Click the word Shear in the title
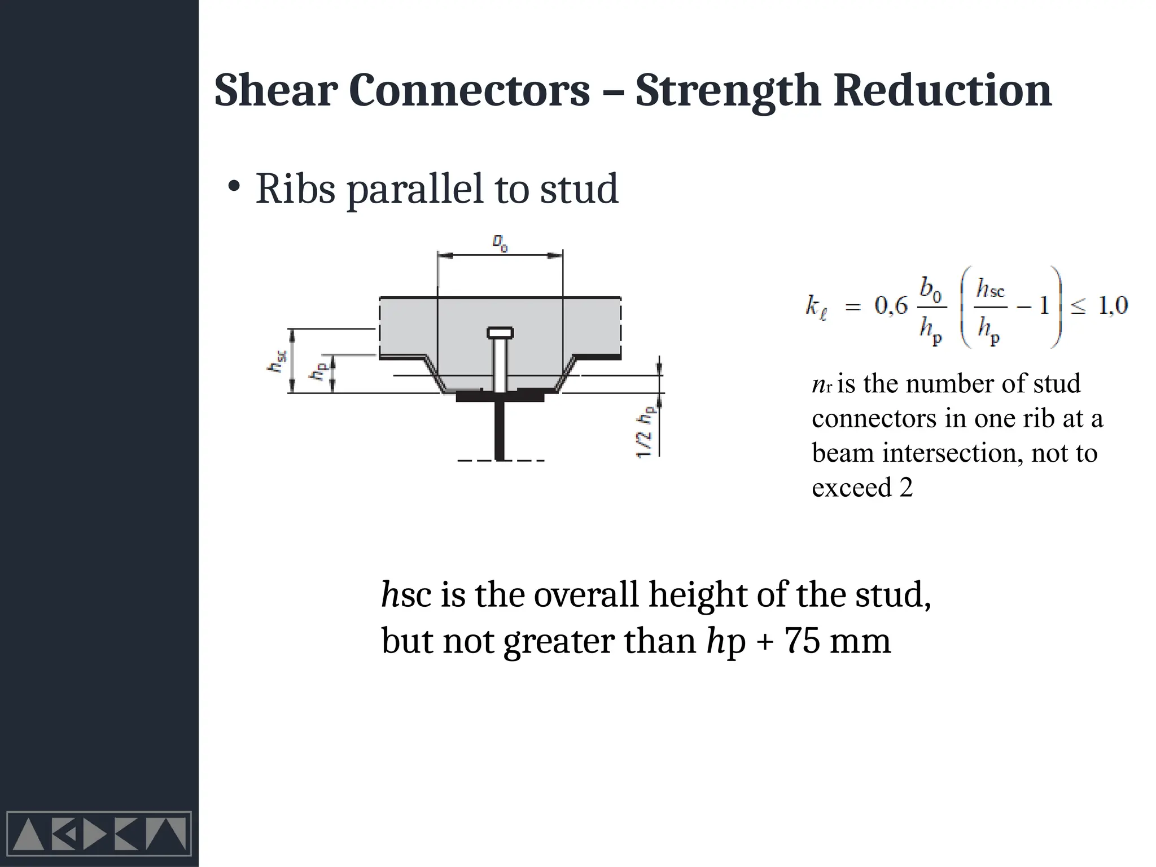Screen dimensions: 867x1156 (x=275, y=90)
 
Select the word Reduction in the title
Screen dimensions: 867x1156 (x=942, y=90)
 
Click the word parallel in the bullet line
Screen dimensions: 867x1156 (x=415, y=190)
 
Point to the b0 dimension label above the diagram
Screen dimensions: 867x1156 (x=500, y=243)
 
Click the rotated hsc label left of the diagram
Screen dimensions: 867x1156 (x=277, y=361)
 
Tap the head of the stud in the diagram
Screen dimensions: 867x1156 (x=500, y=332)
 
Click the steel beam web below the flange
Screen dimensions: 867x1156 (x=500, y=429)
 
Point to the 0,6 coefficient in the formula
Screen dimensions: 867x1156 (x=891, y=306)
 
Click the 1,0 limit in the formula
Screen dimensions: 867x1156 (x=1113, y=306)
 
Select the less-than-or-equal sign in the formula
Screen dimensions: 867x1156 (x=1078, y=307)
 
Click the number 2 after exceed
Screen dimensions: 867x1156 (x=906, y=488)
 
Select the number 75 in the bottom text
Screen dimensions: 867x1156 (x=802, y=641)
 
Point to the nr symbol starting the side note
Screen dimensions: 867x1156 (x=821, y=385)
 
